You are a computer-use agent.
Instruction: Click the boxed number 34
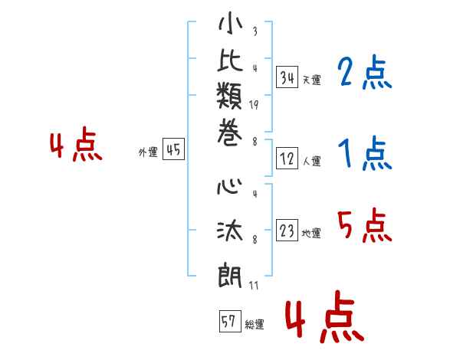287,77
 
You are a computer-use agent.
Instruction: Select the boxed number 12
287,159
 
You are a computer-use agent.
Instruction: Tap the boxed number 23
287,231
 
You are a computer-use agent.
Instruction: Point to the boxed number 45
173,150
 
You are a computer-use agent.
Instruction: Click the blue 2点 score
364,74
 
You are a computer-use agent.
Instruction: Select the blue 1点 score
364,155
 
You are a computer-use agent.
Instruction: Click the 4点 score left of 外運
76,146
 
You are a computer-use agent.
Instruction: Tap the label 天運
311,80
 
